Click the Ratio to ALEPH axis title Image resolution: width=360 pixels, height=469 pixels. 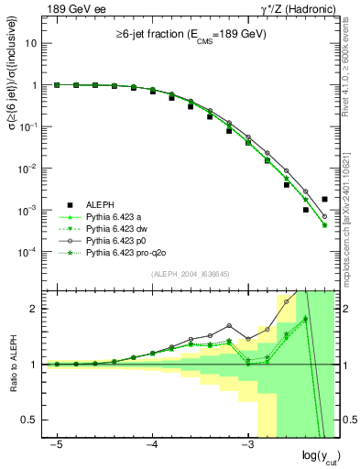12,365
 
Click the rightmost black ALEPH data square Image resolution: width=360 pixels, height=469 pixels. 324,198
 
